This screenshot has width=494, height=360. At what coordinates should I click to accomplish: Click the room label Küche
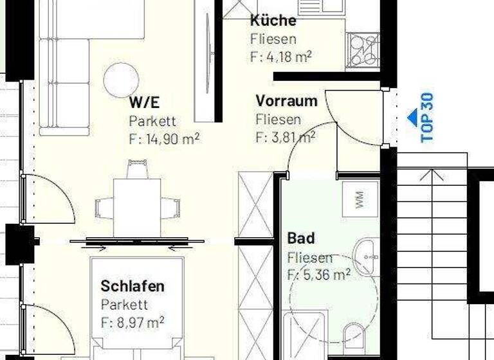point(273,20)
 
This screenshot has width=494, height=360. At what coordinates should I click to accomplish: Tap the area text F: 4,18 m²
point(280,57)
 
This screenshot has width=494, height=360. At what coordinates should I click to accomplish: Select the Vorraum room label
point(286,101)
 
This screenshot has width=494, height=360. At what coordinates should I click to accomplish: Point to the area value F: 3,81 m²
point(285,137)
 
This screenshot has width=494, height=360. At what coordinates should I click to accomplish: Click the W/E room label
point(145,102)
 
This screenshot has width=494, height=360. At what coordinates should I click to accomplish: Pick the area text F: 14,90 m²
point(164,138)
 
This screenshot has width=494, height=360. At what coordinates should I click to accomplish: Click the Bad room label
point(301,239)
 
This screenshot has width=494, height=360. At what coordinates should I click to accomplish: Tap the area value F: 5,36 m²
point(318,275)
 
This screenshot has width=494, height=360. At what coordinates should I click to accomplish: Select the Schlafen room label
point(133,286)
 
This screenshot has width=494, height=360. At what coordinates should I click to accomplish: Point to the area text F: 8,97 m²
point(133,321)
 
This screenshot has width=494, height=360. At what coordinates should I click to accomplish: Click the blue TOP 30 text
point(428,117)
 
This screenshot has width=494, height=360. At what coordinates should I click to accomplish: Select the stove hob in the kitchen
point(363,49)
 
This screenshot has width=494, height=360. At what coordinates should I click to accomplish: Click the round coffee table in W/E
point(121,79)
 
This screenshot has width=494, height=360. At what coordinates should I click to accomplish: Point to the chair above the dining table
point(136,170)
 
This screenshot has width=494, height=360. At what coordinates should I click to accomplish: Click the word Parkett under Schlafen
point(124,305)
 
